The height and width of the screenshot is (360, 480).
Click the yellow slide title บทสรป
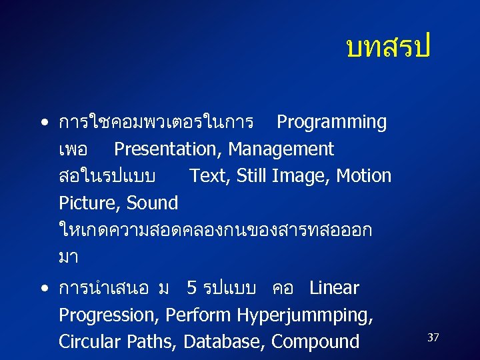pyautogui.click(x=389, y=47)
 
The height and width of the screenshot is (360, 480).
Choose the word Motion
pyautogui.click(x=364, y=176)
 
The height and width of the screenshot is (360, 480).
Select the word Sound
pyautogui.click(x=152, y=203)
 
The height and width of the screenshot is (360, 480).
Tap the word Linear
pyautogui.click(x=334, y=288)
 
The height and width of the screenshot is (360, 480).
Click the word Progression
pyautogui.click(x=109, y=315)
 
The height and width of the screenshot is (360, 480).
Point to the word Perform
pyautogui.click(x=197, y=315)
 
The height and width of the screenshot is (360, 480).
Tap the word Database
pyautogui.click(x=225, y=341)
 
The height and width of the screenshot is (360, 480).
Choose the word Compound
pyautogui.click(x=315, y=342)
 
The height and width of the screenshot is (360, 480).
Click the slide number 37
pyautogui.click(x=433, y=338)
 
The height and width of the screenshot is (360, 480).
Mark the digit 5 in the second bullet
pyautogui.click(x=191, y=288)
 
